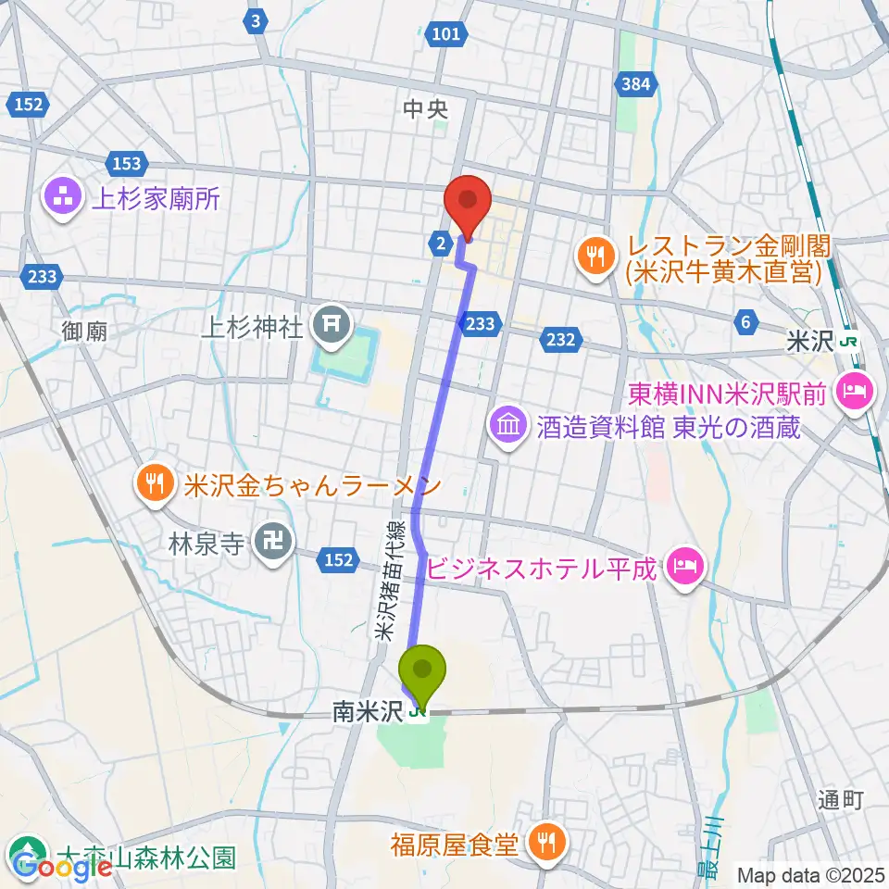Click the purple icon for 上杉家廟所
pyautogui.click(x=62, y=198)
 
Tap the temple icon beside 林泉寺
pyautogui.click(x=272, y=543)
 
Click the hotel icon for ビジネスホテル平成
pyautogui.click(x=686, y=565)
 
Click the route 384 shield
pyautogui.click(x=636, y=85)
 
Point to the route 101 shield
pyautogui.click(x=446, y=34)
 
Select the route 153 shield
pyautogui.click(x=127, y=164)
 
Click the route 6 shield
pyautogui.click(x=745, y=321)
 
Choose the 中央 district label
pyautogui.click(x=426, y=108)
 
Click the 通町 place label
pyautogui.click(x=841, y=801)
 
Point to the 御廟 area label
pyautogui.click(x=86, y=331)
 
